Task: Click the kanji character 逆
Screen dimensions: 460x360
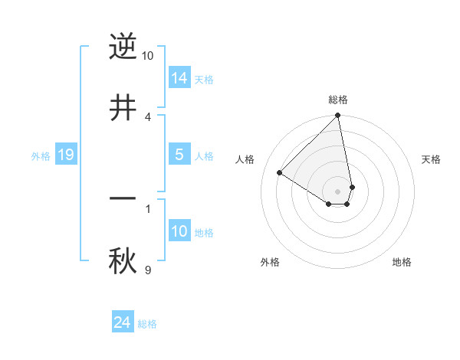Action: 123,47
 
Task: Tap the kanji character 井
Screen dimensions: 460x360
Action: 123,107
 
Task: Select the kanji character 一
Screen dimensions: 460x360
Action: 123,198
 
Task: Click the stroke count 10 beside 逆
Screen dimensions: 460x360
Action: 148,56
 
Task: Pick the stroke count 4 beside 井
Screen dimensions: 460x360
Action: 148,116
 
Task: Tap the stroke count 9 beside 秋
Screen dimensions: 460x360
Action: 148,269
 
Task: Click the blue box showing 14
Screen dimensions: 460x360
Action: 179,78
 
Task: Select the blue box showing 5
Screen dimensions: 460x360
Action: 179,155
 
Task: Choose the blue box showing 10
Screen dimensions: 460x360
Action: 179,231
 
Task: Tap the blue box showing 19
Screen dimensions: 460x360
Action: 66,155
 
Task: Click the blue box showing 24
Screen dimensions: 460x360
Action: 123,323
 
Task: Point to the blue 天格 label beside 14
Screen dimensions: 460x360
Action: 204,79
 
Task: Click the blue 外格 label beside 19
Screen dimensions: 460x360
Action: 41,155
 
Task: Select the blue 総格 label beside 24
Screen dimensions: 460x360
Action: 147,324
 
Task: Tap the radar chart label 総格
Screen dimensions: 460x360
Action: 338,100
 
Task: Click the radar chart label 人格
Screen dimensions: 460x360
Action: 245,159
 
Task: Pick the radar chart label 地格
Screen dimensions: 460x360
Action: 402,262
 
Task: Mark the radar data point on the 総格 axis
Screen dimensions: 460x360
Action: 338,116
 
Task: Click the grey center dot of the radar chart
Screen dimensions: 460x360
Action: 337,191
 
